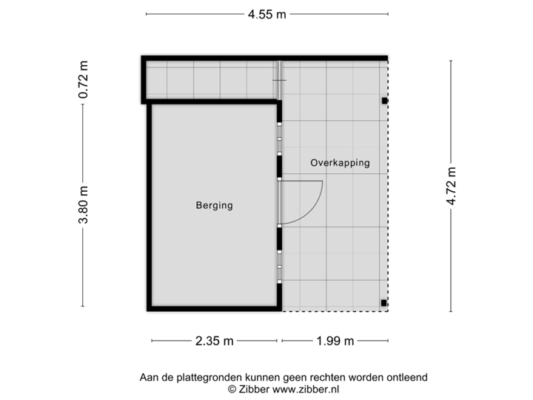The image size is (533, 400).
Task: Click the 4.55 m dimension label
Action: coord(266,13)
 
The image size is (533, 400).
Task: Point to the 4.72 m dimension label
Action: coord(450,187)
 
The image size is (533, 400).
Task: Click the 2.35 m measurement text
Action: coord(214,341)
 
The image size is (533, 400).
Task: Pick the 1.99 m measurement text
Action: coord(335,341)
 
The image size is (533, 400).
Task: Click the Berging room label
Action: coord(214,205)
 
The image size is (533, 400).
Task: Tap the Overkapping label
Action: coord(340,163)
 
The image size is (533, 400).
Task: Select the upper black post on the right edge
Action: coord(384,101)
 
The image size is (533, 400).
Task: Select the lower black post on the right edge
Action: coord(383,302)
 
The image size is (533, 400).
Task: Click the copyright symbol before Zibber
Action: coord(231,388)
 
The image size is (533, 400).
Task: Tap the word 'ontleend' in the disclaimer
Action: coord(406,377)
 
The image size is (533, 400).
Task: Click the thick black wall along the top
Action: coord(264,56)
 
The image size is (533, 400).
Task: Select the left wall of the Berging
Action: coord(149,207)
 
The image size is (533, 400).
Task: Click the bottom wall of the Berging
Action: coord(214,309)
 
